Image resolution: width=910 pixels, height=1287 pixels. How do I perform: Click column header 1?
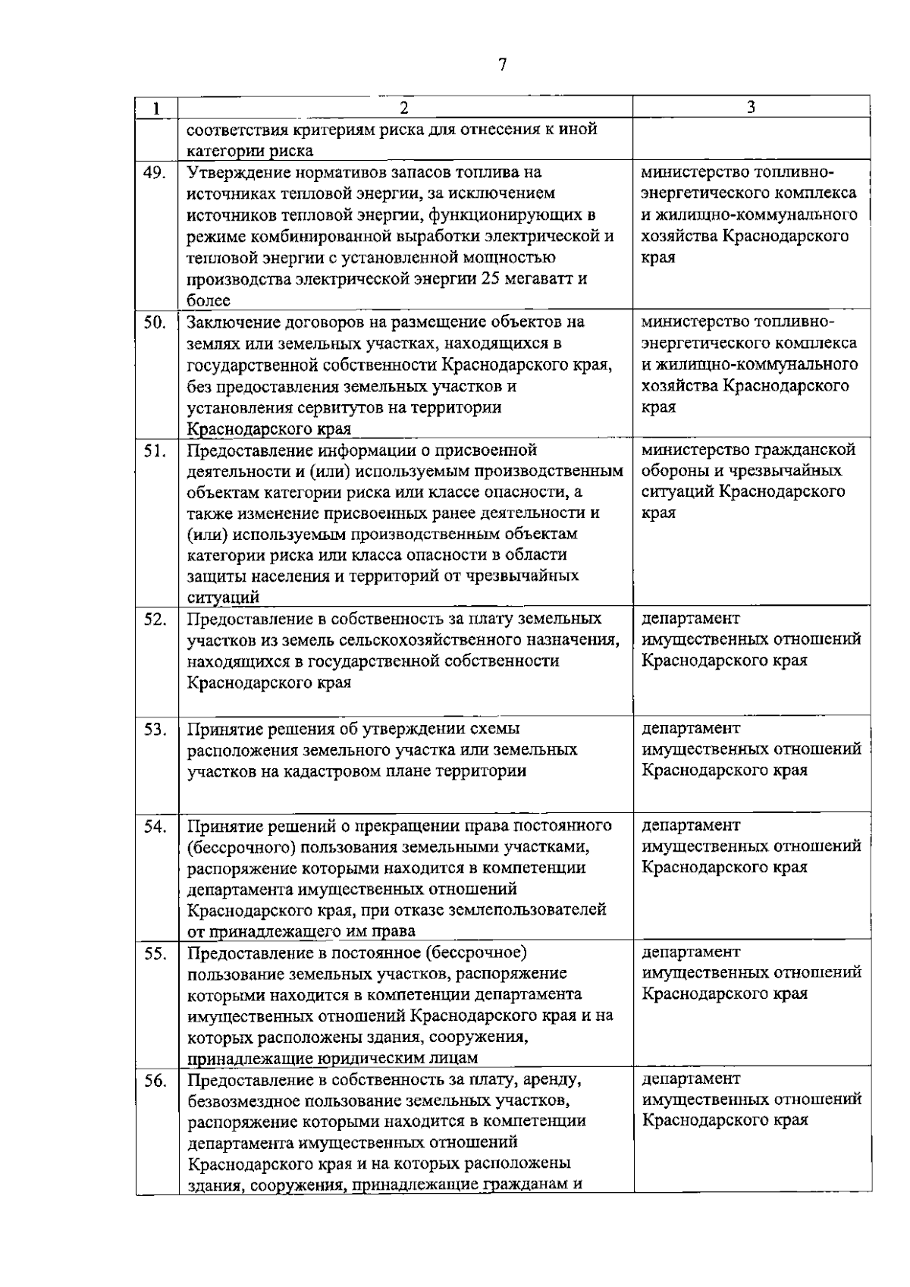155,108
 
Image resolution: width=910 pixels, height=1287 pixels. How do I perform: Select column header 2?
404,108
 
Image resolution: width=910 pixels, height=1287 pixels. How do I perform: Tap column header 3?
750,108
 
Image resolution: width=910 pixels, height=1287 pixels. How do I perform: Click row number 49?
155,172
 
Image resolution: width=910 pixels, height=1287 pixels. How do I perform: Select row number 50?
155,322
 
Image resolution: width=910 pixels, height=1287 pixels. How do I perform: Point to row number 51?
155,450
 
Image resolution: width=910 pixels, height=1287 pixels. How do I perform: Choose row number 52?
155,619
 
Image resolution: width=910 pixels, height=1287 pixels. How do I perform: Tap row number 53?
155,730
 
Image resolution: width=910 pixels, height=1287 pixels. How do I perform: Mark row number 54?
155,826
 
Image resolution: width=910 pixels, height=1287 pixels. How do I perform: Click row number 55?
155,953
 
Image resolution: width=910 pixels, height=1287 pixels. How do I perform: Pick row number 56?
155,1081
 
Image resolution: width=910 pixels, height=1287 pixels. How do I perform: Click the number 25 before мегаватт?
490,278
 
